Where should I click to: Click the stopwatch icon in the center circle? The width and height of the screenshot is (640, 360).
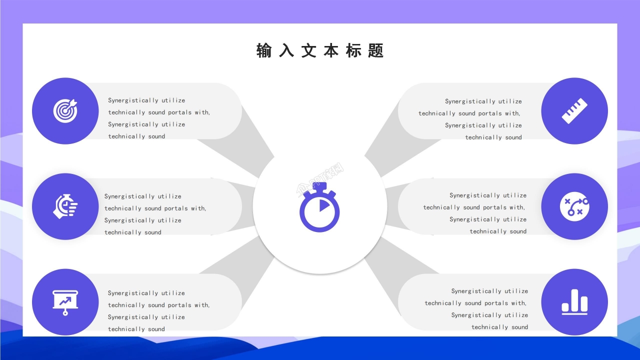(319, 207)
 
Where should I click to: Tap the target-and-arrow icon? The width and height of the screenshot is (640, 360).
(65, 111)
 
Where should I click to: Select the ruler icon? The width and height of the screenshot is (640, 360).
(574, 111)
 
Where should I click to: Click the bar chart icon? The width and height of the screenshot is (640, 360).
(574, 302)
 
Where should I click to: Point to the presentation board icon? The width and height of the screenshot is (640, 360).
(65, 302)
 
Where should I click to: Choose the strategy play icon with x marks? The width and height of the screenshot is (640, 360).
(574, 206)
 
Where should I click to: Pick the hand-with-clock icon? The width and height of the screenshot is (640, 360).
(65, 206)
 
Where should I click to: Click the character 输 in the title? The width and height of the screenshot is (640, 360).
(264, 51)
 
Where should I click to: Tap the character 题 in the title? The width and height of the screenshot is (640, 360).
(375, 51)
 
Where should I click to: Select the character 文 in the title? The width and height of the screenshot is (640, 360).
(308, 51)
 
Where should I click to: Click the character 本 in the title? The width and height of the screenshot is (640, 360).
(331, 51)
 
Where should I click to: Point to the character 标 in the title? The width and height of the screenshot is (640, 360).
(353, 51)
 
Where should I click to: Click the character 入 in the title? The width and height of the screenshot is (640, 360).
(286, 51)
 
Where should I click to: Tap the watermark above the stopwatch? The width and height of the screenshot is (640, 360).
(320, 178)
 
